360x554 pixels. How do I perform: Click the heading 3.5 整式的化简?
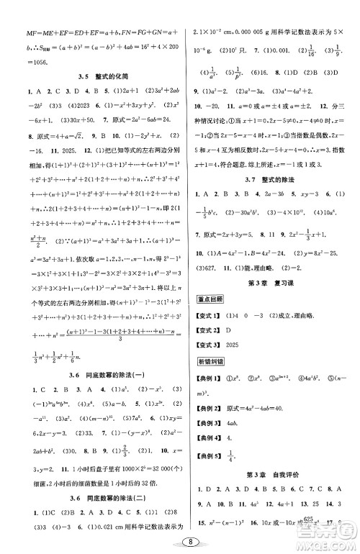[x=94, y=76]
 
